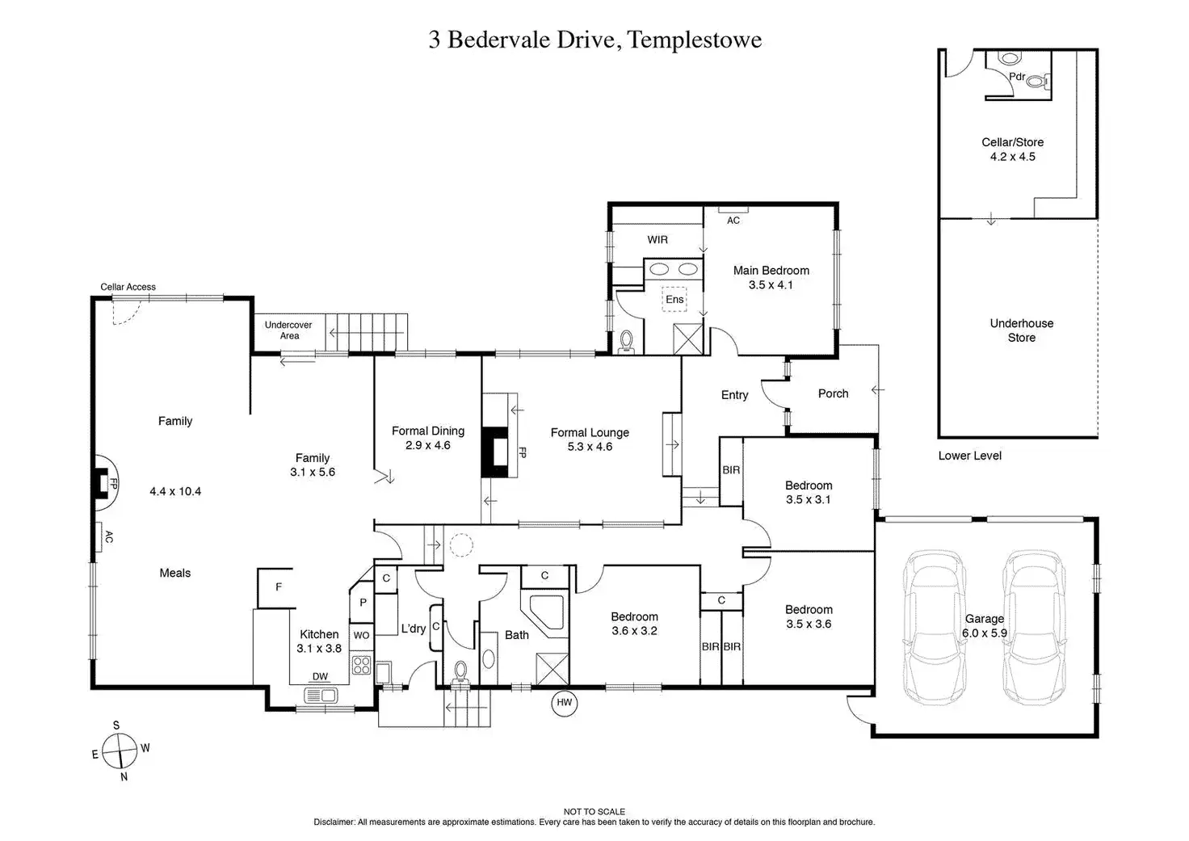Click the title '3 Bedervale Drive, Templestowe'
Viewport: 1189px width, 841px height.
(x=594, y=40)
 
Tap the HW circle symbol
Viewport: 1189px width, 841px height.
(x=564, y=703)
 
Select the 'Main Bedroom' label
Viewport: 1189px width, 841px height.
(x=771, y=271)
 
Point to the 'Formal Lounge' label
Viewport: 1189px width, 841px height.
(x=590, y=433)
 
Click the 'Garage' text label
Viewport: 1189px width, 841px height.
(x=984, y=619)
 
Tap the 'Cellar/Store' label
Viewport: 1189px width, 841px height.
(x=1012, y=142)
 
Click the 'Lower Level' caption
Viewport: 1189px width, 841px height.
(x=969, y=456)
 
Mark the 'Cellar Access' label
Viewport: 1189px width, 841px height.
(x=128, y=287)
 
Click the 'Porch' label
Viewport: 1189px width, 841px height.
(x=833, y=393)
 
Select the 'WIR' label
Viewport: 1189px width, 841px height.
(x=658, y=240)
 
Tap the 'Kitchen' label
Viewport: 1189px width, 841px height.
(x=319, y=634)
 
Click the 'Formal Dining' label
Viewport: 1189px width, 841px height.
(x=427, y=431)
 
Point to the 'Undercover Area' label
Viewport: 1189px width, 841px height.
(x=288, y=330)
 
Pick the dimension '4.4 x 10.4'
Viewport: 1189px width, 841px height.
(x=175, y=491)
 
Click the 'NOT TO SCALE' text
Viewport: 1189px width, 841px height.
(x=594, y=812)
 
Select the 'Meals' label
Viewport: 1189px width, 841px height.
(x=175, y=573)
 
